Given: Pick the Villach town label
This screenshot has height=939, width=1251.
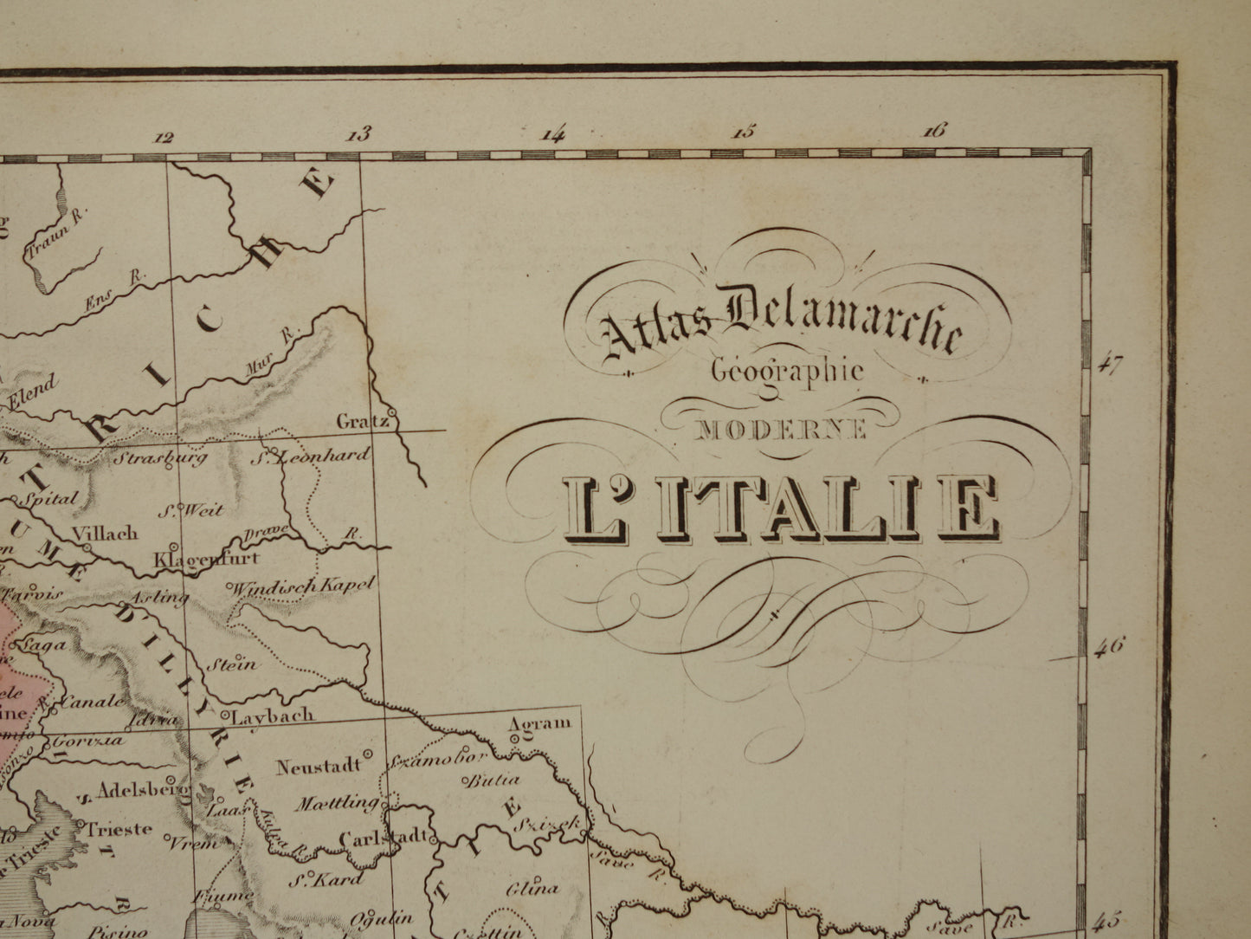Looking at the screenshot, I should pyautogui.click(x=104, y=534).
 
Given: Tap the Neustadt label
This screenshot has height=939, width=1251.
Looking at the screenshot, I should pyautogui.click(x=318, y=766).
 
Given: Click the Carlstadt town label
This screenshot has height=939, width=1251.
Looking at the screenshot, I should pyautogui.click(x=382, y=839).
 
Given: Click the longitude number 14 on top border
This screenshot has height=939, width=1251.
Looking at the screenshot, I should pyautogui.click(x=552, y=134).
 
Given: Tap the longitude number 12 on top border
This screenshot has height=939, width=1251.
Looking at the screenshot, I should pyautogui.click(x=164, y=137).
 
